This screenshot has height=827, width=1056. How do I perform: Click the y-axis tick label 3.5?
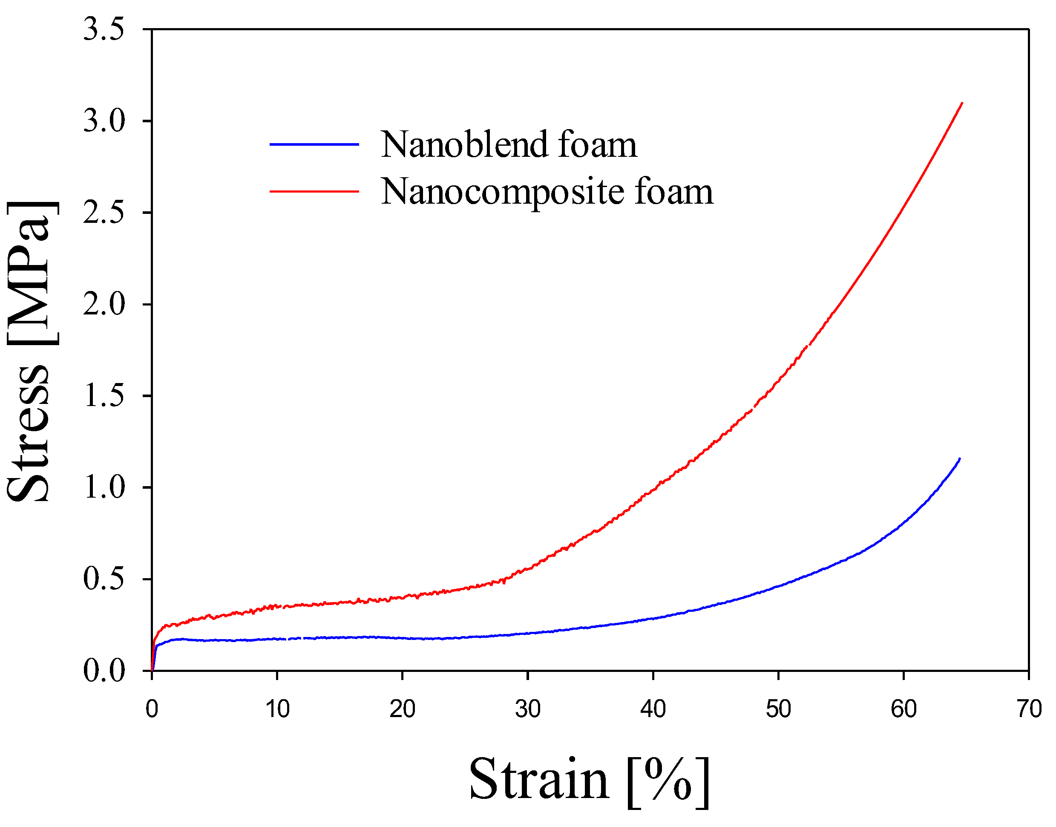click(104, 29)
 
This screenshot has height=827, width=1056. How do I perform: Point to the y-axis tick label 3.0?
click(104, 121)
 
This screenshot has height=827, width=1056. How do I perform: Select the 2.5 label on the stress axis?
click(104, 213)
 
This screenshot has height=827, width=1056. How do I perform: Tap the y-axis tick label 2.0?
click(104, 304)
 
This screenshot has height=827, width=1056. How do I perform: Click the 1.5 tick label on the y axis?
click(104, 395)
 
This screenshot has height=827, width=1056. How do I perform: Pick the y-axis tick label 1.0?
click(104, 487)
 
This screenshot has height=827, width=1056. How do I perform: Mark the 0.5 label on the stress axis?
click(104, 579)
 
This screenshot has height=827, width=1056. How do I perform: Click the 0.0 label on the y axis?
click(104, 671)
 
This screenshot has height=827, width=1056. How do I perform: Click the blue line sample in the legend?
click(314, 144)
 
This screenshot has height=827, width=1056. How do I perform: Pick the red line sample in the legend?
click(314, 191)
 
